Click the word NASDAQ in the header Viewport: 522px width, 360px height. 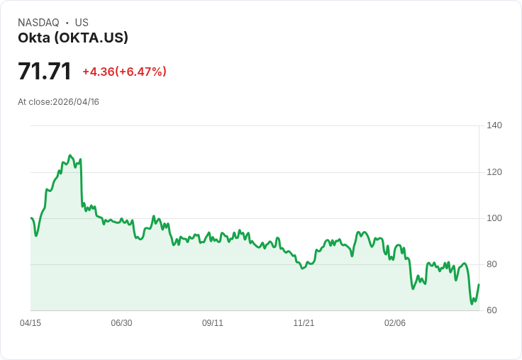coord(38,23)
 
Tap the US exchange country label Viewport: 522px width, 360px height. coord(82,23)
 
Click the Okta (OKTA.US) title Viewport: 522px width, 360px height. coord(73,38)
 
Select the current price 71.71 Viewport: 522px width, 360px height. coord(45,72)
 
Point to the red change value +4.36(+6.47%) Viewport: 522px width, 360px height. coord(124,72)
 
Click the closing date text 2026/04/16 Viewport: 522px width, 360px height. coord(76,102)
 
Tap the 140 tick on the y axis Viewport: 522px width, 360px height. coord(494,125)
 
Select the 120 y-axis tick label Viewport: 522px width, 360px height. coord(494,172)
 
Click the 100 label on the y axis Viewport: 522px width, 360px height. coord(494,218)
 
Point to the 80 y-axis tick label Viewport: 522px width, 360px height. coord(492,264)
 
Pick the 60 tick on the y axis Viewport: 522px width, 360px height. coord(492,310)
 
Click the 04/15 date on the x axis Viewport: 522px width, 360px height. coord(30,323)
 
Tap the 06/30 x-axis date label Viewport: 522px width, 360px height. coord(121,323)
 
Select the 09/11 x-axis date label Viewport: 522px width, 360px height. coord(213,323)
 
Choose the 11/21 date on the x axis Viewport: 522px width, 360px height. coord(304,323)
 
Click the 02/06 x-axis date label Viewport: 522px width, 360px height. coord(395,323)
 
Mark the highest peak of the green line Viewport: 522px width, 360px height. coord(70,155)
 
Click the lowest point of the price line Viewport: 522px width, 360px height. coord(472,304)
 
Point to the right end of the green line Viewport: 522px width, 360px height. coord(479,284)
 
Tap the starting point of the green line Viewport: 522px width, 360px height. coord(31,218)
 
